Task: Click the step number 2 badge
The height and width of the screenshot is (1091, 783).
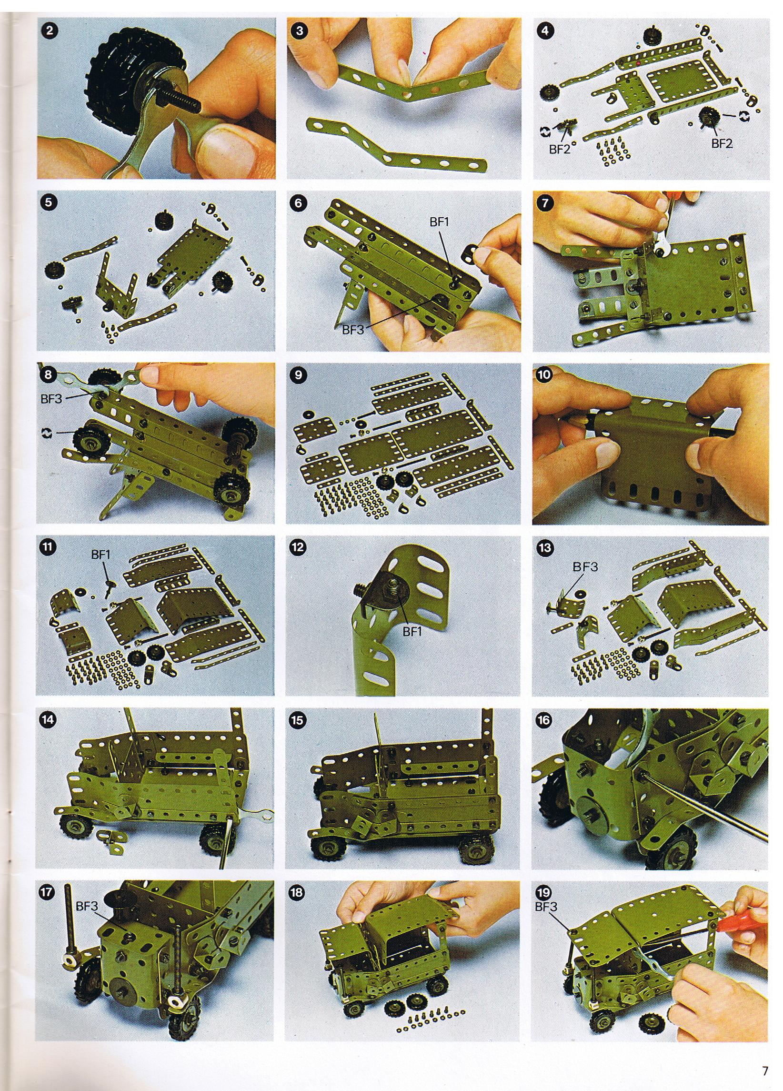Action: tap(50, 31)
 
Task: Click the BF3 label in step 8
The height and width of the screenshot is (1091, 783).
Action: tap(52, 398)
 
